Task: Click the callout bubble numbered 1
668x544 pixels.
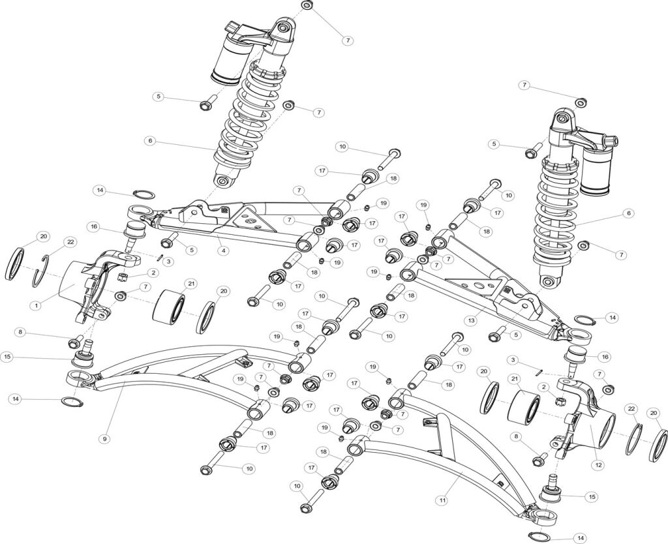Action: (36, 304)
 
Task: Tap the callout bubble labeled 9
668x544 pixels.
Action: (104, 439)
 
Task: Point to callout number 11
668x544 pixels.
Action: (442, 500)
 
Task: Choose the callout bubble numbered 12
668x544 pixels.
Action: (598, 464)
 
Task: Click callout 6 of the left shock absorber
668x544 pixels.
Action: (150, 140)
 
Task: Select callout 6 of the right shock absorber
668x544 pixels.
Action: (629, 213)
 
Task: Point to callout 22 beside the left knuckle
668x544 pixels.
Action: (71, 242)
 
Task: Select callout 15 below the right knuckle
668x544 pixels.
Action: (592, 496)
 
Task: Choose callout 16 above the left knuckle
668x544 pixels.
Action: (95, 226)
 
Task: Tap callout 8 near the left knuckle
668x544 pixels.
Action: (21, 332)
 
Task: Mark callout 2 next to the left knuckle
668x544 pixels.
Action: (154, 273)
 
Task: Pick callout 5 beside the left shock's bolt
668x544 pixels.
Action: (159, 97)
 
